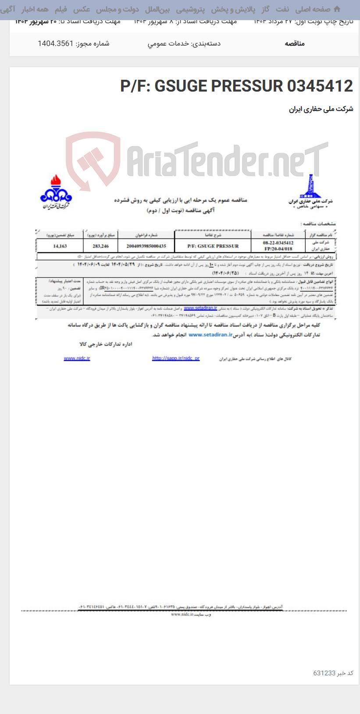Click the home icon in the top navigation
[x=337, y=9]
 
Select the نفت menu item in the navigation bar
[x=282, y=9]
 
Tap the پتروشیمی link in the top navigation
[x=190, y=9]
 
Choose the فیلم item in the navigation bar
[x=61, y=9]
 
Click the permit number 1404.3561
[x=55, y=43]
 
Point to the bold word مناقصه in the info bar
[x=295, y=43]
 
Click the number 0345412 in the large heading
[x=320, y=86]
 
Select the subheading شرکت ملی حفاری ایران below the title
[x=321, y=109]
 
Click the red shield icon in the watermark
[x=93, y=160]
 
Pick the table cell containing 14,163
[x=60, y=246]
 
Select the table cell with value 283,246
[x=100, y=246]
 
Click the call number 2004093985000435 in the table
[x=146, y=246]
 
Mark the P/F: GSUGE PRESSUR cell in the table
[x=213, y=246]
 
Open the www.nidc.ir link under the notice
[x=77, y=359]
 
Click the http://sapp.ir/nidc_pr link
[x=176, y=359]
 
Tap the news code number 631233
[x=324, y=673]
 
